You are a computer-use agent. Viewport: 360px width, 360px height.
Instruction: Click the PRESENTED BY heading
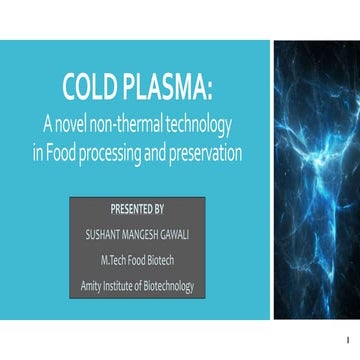137,210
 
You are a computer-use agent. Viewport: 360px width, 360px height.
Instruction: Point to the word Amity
92,287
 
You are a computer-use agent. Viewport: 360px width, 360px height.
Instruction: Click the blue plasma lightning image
316,180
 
